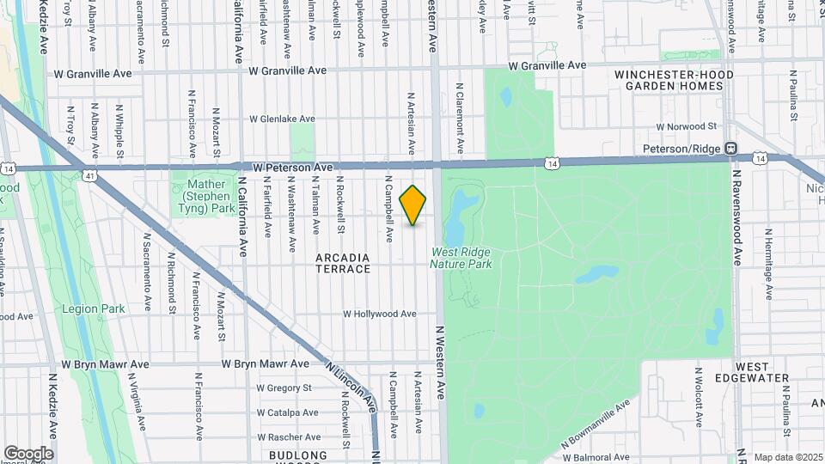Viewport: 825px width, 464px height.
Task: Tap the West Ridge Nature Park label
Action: click(x=461, y=259)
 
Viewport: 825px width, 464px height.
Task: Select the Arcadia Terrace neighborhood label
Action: click(x=343, y=263)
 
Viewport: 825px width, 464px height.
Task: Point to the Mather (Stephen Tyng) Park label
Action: click(x=205, y=196)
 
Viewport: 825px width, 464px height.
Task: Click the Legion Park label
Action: click(x=94, y=308)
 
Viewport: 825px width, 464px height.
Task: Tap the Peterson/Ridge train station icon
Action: click(x=730, y=148)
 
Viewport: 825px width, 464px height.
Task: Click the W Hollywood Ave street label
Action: click(x=380, y=314)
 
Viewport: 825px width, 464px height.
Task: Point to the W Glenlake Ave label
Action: click(x=282, y=119)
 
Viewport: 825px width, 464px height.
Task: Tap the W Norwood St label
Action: click(x=686, y=126)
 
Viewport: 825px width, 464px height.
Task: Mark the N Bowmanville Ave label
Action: click(x=596, y=424)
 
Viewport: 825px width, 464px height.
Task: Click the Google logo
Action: click(x=28, y=454)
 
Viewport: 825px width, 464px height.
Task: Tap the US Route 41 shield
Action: click(x=89, y=175)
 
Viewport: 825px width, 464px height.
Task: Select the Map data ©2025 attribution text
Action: click(x=788, y=457)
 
